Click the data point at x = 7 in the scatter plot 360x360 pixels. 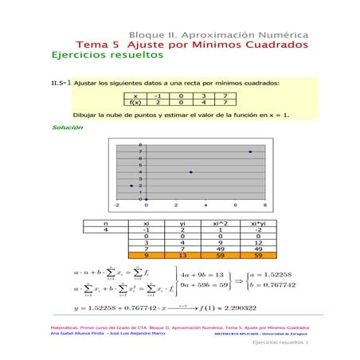coord(250,151)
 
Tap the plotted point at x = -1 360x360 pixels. coord(131,186)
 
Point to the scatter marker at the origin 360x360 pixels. coord(147,199)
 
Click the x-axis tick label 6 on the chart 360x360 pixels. coord(236,205)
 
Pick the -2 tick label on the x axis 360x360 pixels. coord(116,205)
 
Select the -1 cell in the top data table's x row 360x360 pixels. coord(158,96)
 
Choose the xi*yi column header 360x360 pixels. coord(257,224)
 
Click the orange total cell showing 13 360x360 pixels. coord(182,256)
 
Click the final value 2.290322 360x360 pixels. coord(234,307)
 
